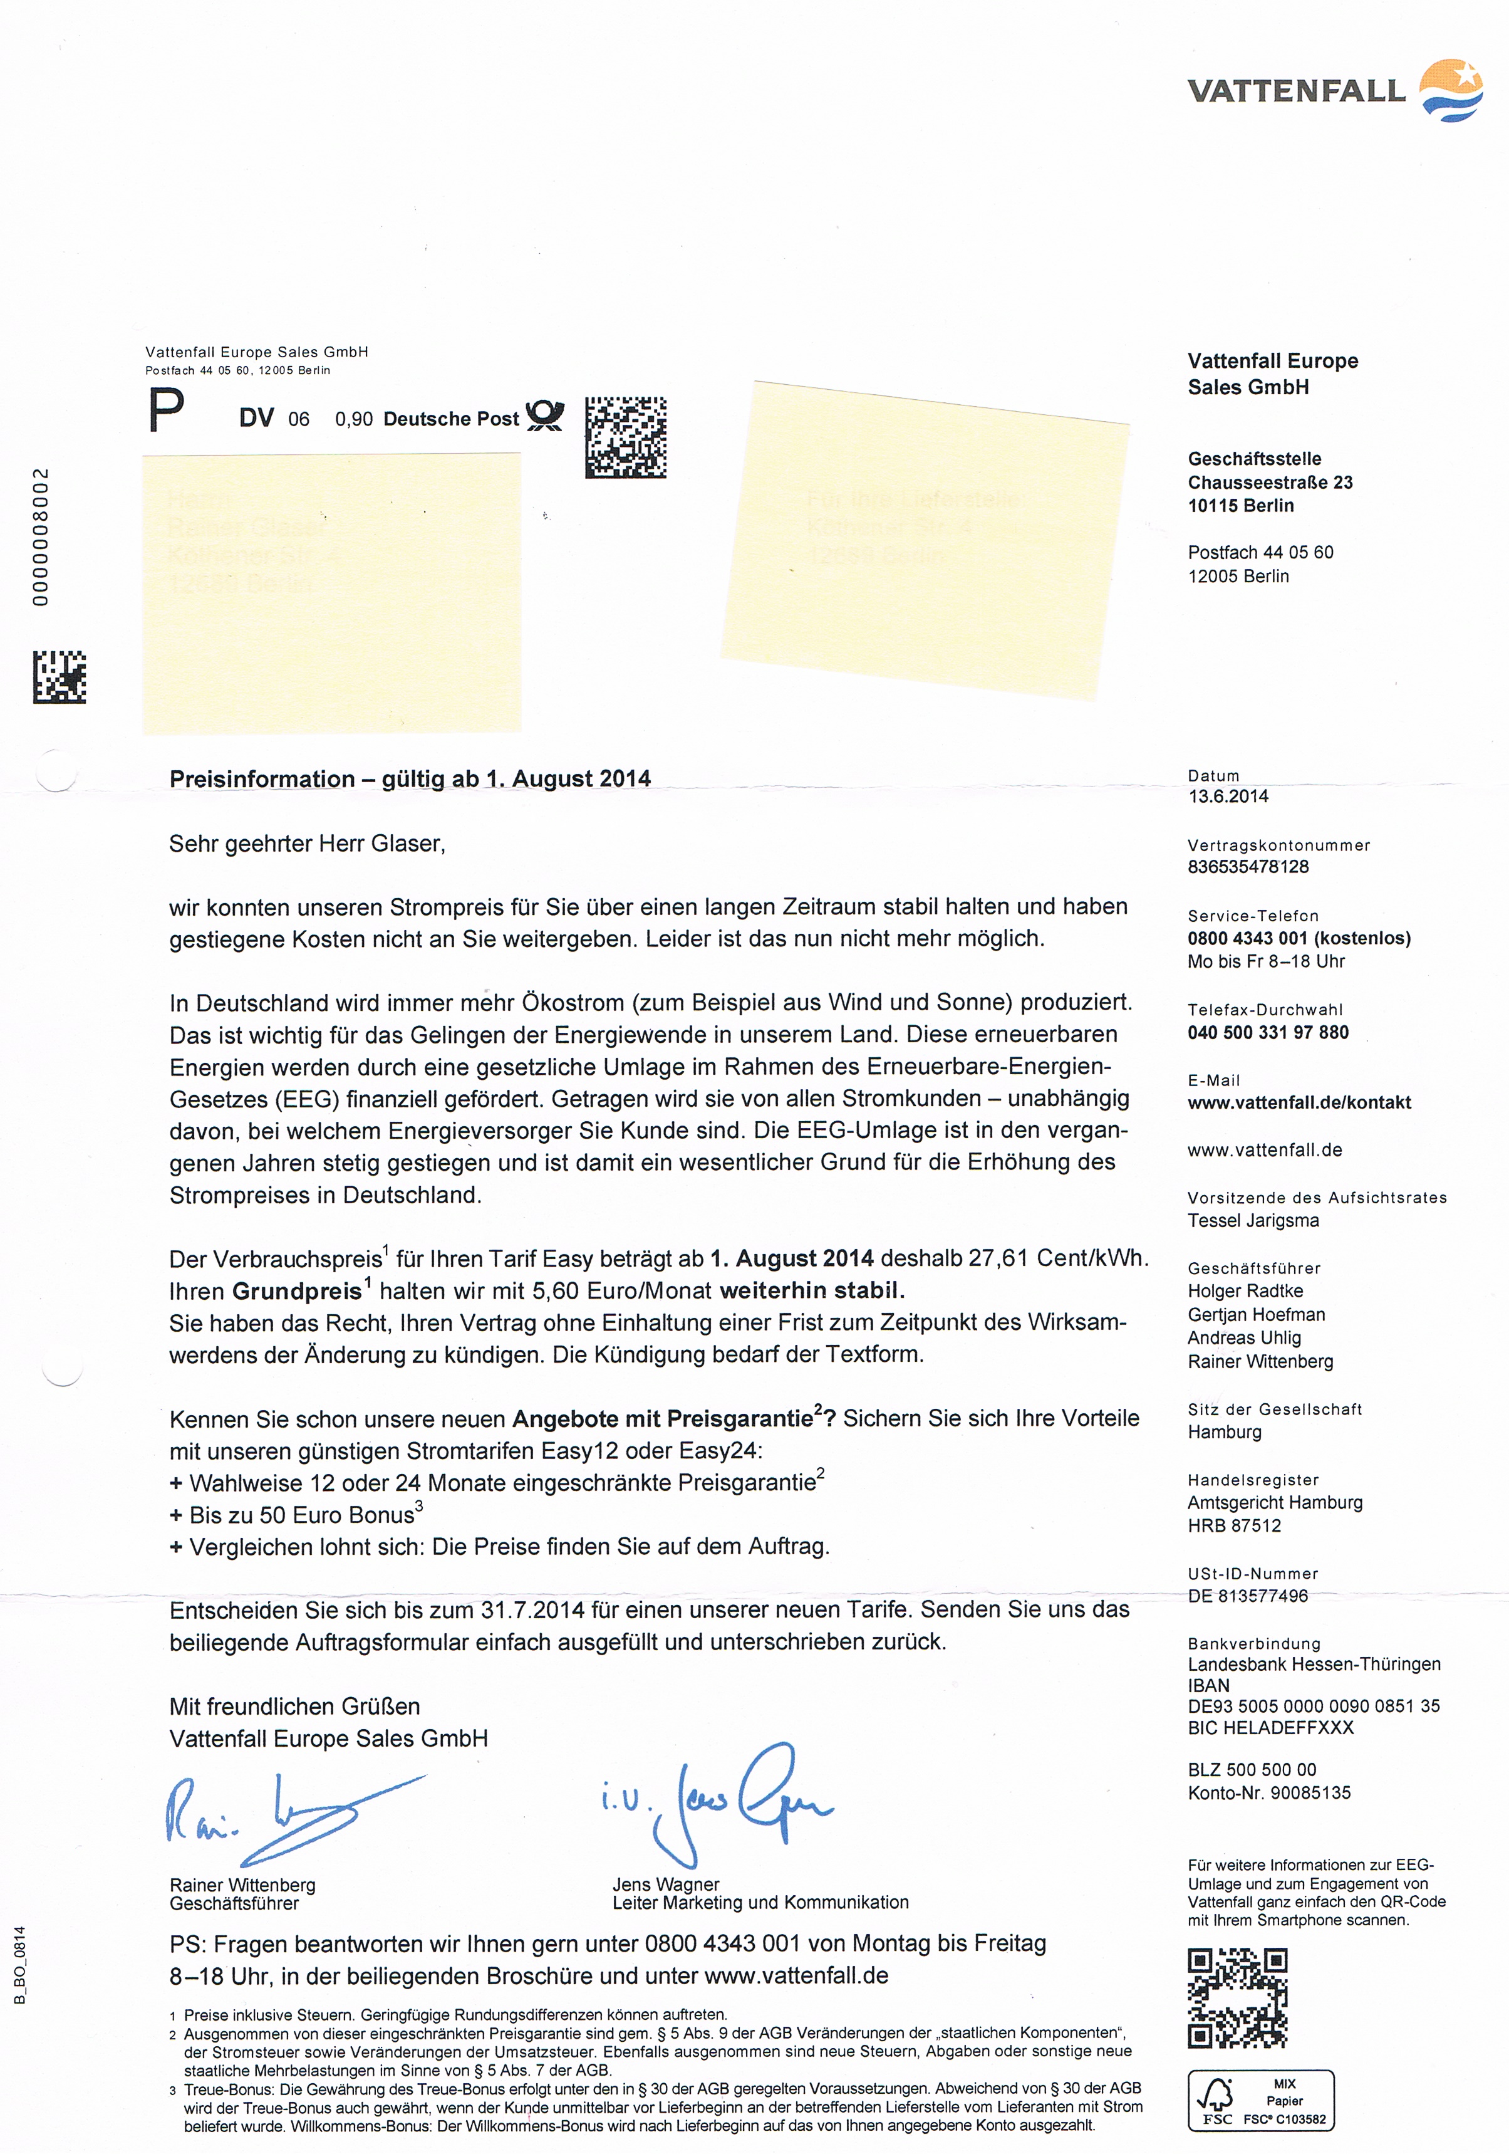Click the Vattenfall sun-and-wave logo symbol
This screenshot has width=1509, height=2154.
tap(1450, 90)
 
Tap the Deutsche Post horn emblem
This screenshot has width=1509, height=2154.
tap(545, 415)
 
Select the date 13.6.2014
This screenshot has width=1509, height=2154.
tap(1228, 797)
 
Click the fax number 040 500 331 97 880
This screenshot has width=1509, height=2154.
tap(1267, 1033)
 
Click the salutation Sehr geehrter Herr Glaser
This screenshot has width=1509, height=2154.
tap(307, 844)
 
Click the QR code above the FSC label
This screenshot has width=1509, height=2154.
tap(1237, 1999)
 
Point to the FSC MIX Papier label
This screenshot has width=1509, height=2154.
tap(1260, 2101)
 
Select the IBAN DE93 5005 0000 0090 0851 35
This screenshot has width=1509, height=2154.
tap(1313, 1707)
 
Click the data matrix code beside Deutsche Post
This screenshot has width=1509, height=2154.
tap(626, 437)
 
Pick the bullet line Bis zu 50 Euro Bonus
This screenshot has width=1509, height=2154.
tap(296, 1515)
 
